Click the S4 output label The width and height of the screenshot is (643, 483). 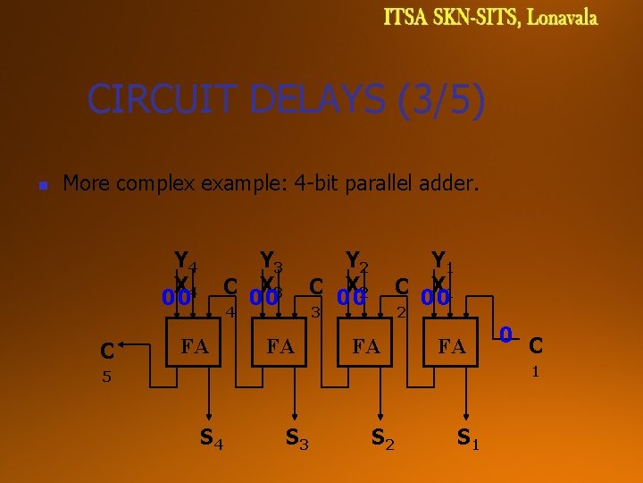pyautogui.click(x=211, y=438)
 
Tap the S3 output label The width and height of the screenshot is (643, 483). pyautogui.click(x=296, y=438)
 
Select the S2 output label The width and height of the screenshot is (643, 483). pyautogui.click(x=383, y=438)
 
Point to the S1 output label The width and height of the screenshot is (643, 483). pyautogui.click(x=468, y=438)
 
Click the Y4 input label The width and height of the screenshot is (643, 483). pyautogui.click(x=186, y=261)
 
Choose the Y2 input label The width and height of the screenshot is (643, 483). pyautogui.click(x=358, y=261)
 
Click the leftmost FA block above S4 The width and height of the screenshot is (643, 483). pyautogui.click(x=195, y=344)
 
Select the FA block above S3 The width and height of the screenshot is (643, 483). pyautogui.click(x=280, y=344)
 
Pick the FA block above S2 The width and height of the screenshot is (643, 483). pyautogui.click(x=366, y=344)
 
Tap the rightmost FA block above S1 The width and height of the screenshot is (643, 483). pyautogui.click(x=452, y=344)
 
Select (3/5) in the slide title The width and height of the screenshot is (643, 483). pyautogui.click(x=440, y=99)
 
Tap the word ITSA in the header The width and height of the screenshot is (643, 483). pyautogui.click(x=406, y=18)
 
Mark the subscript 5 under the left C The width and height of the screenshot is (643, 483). pyautogui.click(x=105, y=377)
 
